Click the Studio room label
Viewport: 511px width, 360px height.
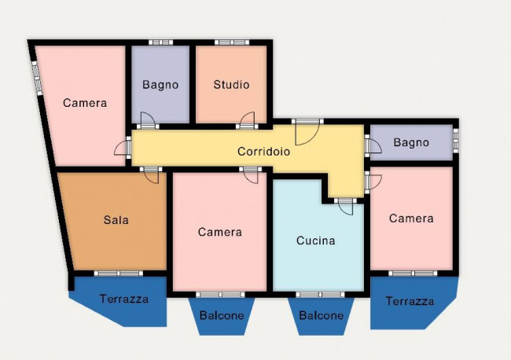point(231,85)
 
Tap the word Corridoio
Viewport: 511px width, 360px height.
point(263,152)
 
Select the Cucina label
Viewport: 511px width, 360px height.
point(316,241)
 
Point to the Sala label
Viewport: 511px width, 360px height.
point(116,220)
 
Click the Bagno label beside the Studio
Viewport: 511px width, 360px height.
point(160,85)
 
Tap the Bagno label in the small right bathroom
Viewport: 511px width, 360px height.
point(411,142)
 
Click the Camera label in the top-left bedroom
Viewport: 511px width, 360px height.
point(85,103)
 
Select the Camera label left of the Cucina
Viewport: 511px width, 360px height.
point(220,232)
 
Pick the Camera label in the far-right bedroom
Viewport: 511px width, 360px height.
point(411,219)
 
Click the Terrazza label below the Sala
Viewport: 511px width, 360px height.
point(124,299)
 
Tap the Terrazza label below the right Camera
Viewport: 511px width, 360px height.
point(410,301)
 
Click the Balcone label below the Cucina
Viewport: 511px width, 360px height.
point(322,315)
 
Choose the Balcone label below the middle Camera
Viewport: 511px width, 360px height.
point(222,315)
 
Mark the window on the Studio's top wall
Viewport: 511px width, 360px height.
point(232,42)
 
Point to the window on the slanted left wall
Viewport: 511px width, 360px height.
point(36,78)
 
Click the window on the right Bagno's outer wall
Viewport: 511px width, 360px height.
point(456,140)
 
